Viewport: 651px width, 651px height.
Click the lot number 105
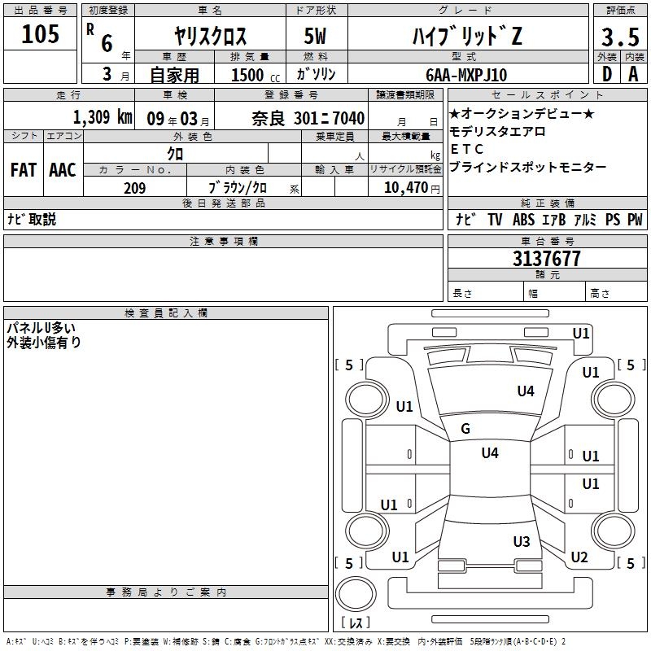click(x=41, y=35)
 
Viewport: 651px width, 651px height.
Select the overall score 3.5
click(x=619, y=37)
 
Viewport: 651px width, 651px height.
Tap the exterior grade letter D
click(x=606, y=74)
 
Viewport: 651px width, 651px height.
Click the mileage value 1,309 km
click(x=103, y=117)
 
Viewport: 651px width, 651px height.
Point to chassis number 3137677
click(x=546, y=259)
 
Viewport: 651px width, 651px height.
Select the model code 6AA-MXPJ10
click(x=466, y=75)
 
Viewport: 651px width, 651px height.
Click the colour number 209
click(x=134, y=188)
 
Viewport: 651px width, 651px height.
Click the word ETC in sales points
click(x=466, y=149)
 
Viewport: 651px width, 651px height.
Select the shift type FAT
click(x=24, y=170)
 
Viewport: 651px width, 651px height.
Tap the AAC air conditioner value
click(x=63, y=170)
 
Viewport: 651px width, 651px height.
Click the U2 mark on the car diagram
click(x=579, y=557)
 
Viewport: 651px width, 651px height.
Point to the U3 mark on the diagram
click(x=522, y=542)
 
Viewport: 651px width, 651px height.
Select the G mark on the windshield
click(x=465, y=429)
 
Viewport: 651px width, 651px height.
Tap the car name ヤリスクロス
click(x=211, y=37)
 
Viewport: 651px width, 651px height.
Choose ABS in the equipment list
click(x=523, y=220)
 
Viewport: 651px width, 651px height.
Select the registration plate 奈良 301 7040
click(x=308, y=118)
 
